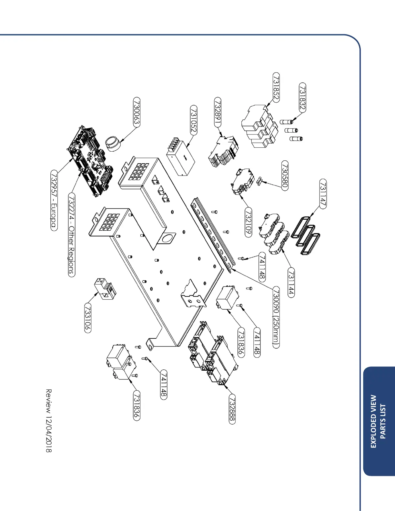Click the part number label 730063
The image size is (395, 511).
137,113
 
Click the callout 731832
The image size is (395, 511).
302,98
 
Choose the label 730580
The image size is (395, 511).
285,176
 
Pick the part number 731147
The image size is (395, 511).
323,194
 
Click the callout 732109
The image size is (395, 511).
248,223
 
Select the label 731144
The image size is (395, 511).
291,283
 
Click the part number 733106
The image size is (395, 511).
88,318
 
